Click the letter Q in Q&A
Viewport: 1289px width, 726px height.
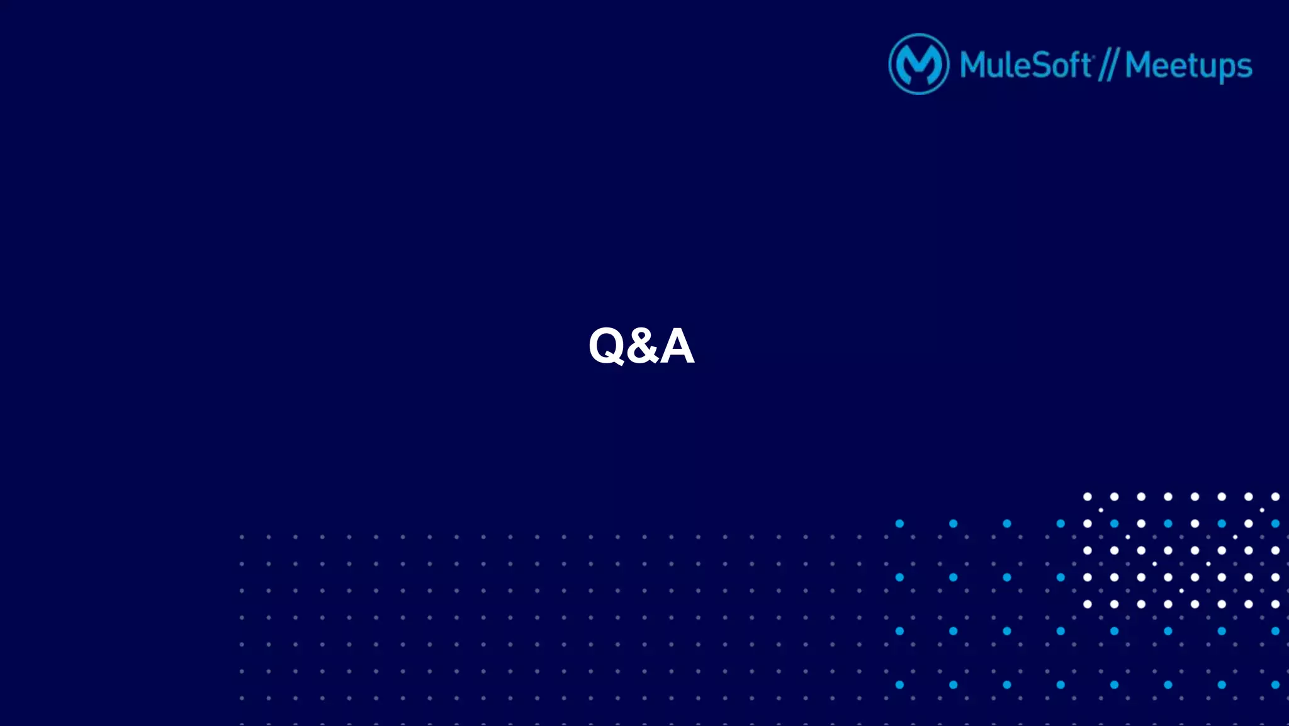pos(606,345)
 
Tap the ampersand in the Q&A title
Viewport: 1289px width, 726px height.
pos(642,346)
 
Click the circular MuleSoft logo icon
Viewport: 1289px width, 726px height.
pos(918,64)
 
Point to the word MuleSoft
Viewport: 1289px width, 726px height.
pos(1026,65)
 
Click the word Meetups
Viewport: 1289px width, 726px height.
pos(1188,66)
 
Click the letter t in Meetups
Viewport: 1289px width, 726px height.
pos(1193,65)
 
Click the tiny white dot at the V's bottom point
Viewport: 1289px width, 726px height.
pos(1181,591)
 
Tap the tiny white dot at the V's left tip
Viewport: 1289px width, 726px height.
pos(1101,510)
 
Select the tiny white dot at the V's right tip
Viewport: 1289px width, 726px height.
pos(1262,510)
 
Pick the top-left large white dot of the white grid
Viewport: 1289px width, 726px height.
pos(1087,497)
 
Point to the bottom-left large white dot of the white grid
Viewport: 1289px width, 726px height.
pos(1087,604)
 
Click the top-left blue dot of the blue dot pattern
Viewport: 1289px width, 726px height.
pos(899,523)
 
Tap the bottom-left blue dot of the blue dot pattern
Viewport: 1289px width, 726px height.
pos(899,684)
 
